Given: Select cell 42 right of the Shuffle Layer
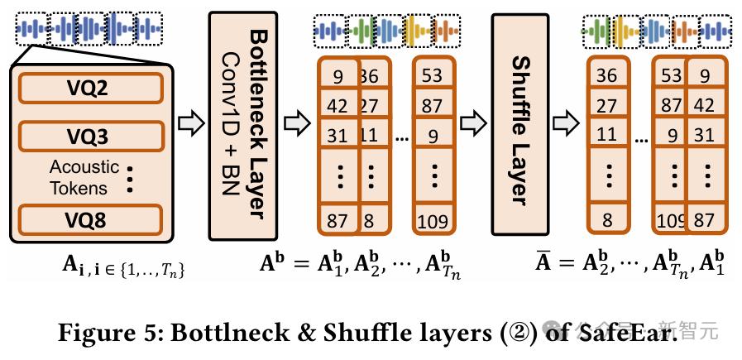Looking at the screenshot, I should coord(703,106).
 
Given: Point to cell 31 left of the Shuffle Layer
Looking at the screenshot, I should coord(337,134).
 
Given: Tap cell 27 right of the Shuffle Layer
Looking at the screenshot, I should coord(606,106).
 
